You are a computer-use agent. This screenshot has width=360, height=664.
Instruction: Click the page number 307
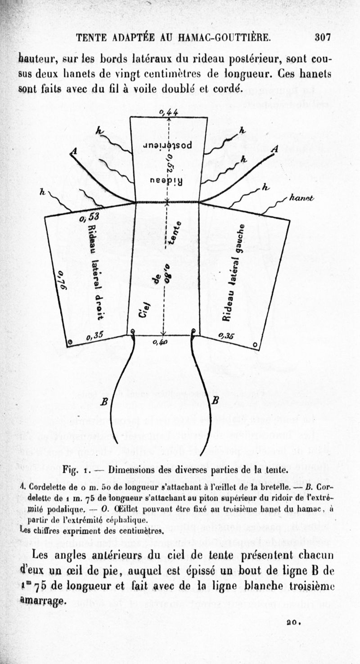tap(323, 38)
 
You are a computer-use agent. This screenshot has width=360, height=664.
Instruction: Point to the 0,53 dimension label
tap(89, 218)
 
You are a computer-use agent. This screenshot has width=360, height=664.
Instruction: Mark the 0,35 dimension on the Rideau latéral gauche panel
tap(226, 335)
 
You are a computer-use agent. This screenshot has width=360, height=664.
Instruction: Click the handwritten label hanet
tap(302, 198)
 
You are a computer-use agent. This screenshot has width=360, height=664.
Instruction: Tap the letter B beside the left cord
tap(103, 402)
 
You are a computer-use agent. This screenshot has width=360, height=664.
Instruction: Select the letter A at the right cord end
tap(275, 149)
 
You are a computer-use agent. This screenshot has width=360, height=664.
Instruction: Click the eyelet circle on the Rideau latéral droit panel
tap(69, 343)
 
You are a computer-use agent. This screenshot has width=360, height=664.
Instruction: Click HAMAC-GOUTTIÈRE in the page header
tap(225, 38)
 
